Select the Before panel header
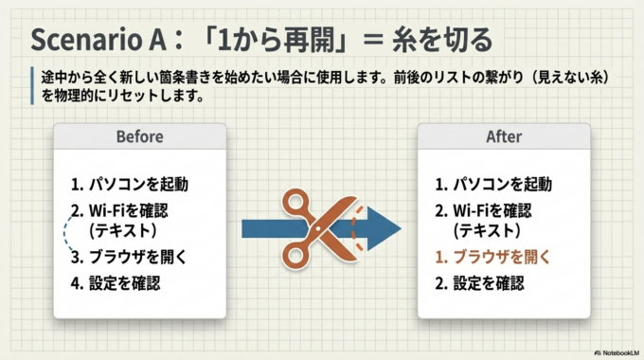[139, 136]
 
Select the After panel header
[504, 136]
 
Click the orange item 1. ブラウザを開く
[492, 257]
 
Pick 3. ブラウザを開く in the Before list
[129, 257]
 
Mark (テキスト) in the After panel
[485, 230]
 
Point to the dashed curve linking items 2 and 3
[63, 233]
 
